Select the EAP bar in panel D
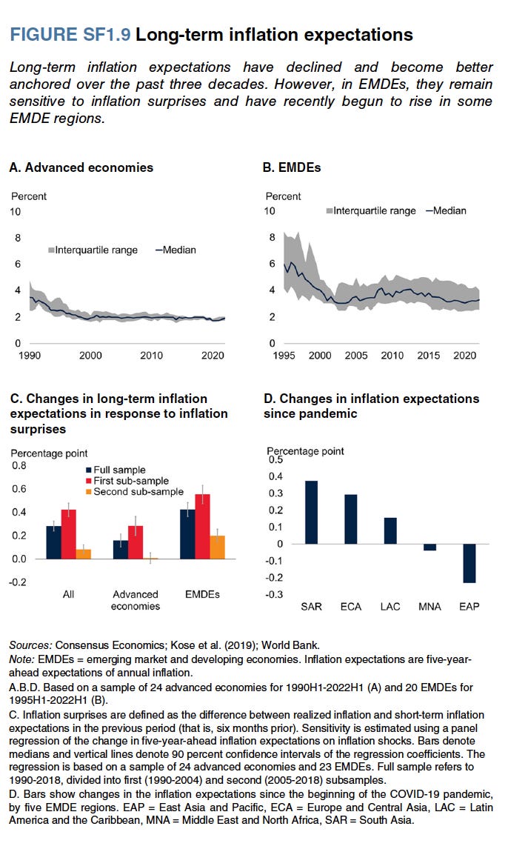point(469,563)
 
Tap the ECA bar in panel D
point(350,519)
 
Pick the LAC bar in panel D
point(390,530)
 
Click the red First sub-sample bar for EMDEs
point(201,526)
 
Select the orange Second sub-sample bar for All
point(84,553)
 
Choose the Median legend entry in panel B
point(446,210)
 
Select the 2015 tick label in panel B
point(429,356)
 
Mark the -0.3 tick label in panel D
point(275,595)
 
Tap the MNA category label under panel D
point(430,607)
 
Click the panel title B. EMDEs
point(294,167)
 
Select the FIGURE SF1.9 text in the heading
point(70,35)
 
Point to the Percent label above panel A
point(28,196)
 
